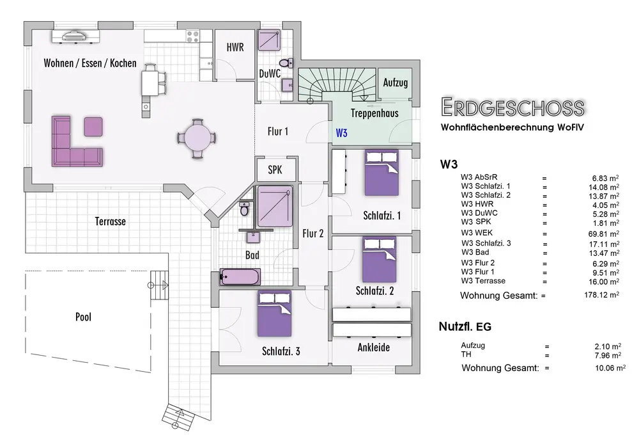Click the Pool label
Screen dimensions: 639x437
pos(83,317)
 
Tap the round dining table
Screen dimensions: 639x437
pos(197,138)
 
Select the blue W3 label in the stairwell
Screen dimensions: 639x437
pos(341,132)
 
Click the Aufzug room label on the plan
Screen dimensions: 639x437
pos(396,83)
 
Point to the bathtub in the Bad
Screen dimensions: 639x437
pos(240,276)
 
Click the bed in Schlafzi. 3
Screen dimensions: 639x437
pos(274,314)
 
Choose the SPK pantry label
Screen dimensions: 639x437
pos(275,170)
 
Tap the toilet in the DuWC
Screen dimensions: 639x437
pos(286,63)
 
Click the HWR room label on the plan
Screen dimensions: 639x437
pos(235,47)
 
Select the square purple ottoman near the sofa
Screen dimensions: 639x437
pos(93,127)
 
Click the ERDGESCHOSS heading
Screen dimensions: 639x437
pos(512,107)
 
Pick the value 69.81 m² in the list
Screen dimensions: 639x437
pos(604,234)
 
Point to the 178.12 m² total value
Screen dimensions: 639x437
pos(601,294)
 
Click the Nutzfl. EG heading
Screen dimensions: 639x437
pos(465,326)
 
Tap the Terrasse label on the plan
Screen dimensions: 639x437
pos(111,221)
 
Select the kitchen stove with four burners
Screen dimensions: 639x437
pos(192,35)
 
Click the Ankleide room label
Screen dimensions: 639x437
pos(374,347)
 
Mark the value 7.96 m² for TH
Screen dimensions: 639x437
pos(608,356)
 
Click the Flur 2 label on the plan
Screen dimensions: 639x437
pos(313,234)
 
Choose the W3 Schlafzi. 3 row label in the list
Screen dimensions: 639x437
pos(486,243)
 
